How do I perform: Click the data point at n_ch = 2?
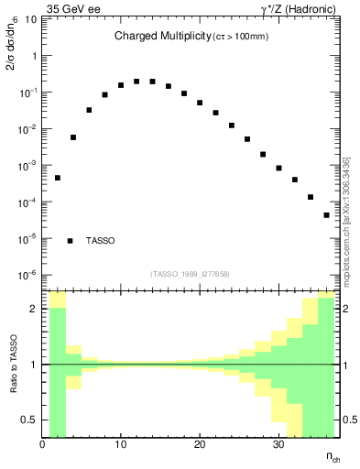(57, 178)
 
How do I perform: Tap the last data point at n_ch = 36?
(326, 215)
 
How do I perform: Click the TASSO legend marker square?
(71, 241)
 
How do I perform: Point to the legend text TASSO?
(101, 241)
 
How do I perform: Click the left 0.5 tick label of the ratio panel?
(29, 420)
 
